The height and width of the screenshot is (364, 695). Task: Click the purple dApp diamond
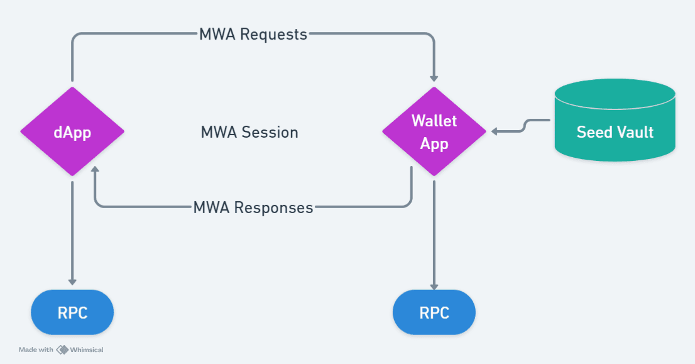point(72,131)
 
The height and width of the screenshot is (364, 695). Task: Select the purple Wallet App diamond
point(434,131)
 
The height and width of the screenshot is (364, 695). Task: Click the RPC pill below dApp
point(72,312)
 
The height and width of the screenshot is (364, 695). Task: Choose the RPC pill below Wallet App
point(434,312)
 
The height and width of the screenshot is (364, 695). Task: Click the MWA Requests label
point(253,35)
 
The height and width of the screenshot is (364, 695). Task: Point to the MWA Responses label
point(253,207)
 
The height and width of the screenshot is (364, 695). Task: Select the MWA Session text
point(249,133)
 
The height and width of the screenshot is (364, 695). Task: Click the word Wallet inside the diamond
point(434,120)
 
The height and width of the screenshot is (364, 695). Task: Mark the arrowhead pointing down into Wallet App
point(434,77)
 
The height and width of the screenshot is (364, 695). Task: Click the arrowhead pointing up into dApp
point(94,170)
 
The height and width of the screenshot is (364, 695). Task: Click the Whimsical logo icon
point(62,350)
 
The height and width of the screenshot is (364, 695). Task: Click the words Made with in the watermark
point(36,350)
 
